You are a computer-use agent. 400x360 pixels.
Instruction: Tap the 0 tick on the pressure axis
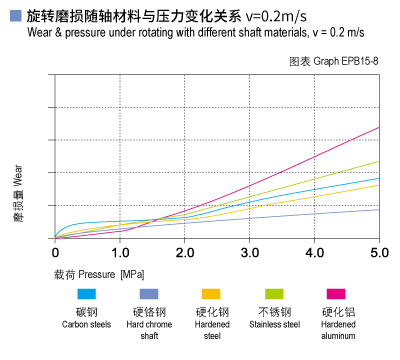coord(55,250)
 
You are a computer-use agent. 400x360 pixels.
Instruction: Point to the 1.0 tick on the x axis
coord(119,250)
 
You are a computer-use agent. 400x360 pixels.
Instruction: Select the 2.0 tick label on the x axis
coord(184,250)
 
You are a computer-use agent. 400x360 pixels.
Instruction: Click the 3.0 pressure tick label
coord(249,250)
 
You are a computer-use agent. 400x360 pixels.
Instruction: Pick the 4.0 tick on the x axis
coord(314,250)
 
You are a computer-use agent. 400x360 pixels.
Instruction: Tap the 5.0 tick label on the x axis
coord(378,250)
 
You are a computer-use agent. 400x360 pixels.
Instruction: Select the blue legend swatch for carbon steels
coord(86,294)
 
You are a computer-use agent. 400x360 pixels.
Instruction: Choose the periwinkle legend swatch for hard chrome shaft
coord(148,294)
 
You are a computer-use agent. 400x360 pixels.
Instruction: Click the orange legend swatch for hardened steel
coord(211,294)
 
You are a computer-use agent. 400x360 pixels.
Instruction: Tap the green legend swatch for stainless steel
coord(273,294)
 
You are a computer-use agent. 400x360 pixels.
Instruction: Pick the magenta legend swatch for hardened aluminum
coord(337,294)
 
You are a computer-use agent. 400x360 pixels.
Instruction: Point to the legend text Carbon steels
coord(86,324)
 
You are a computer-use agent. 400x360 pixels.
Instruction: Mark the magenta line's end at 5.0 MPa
coord(379,127)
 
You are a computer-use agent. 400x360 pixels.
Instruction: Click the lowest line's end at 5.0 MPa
coord(379,209)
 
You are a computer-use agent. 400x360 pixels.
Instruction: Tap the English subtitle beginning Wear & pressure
coord(190,34)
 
